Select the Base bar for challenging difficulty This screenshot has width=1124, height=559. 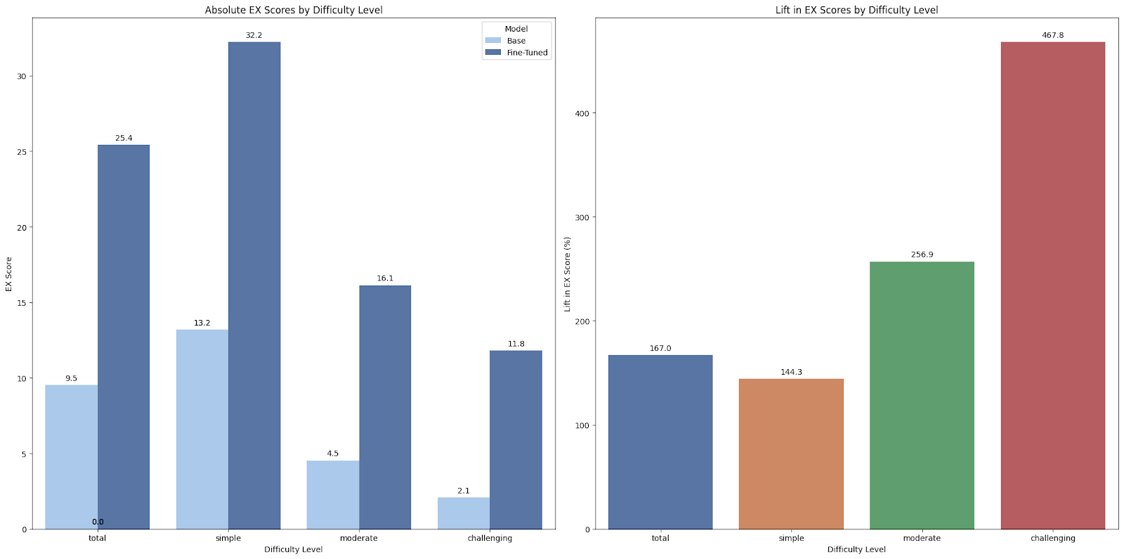click(x=464, y=513)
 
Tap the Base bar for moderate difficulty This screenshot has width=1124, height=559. click(x=333, y=495)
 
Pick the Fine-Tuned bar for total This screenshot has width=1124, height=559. click(x=124, y=337)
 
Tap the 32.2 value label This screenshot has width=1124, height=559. click(x=254, y=35)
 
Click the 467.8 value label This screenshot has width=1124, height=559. click(x=1052, y=35)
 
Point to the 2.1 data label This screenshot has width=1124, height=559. click(x=464, y=491)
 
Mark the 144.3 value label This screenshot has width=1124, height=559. click(x=791, y=372)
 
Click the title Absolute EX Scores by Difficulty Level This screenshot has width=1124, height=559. click(x=294, y=10)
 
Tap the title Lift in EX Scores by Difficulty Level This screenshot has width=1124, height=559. click(x=856, y=10)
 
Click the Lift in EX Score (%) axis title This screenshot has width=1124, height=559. click(x=567, y=274)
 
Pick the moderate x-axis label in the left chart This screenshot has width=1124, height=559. click(x=358, y=539)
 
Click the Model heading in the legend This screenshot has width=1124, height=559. click(x=516, y=29)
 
